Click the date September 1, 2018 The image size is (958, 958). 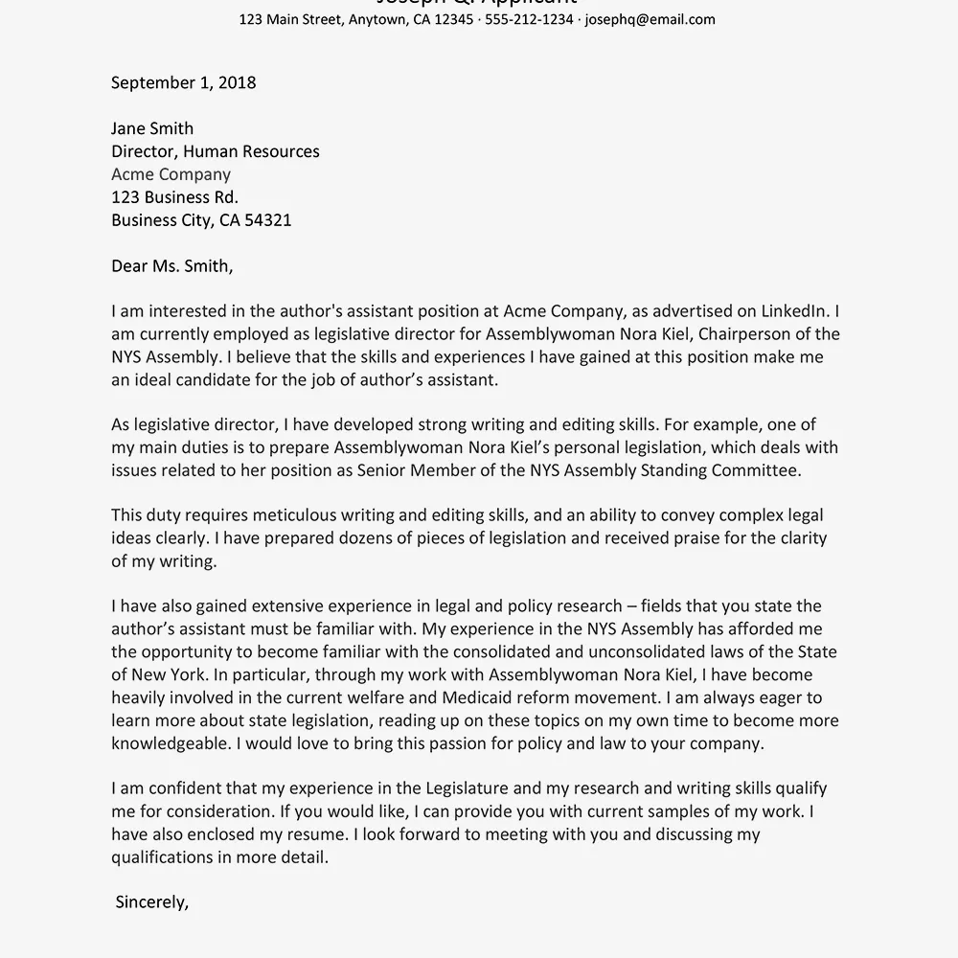click(183, 82)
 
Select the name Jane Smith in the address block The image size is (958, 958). click(152, 128)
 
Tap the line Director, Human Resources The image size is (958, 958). click(215, 151)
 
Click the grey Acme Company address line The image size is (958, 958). click(171, 174)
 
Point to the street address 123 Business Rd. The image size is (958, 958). click(174, 197)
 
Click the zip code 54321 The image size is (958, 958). click(267, 220)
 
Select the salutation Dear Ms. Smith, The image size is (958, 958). click(171, 266)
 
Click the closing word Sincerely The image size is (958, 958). click(150, 902)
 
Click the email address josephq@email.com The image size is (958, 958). click(650, 19)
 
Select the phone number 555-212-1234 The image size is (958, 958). click(529, 19)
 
